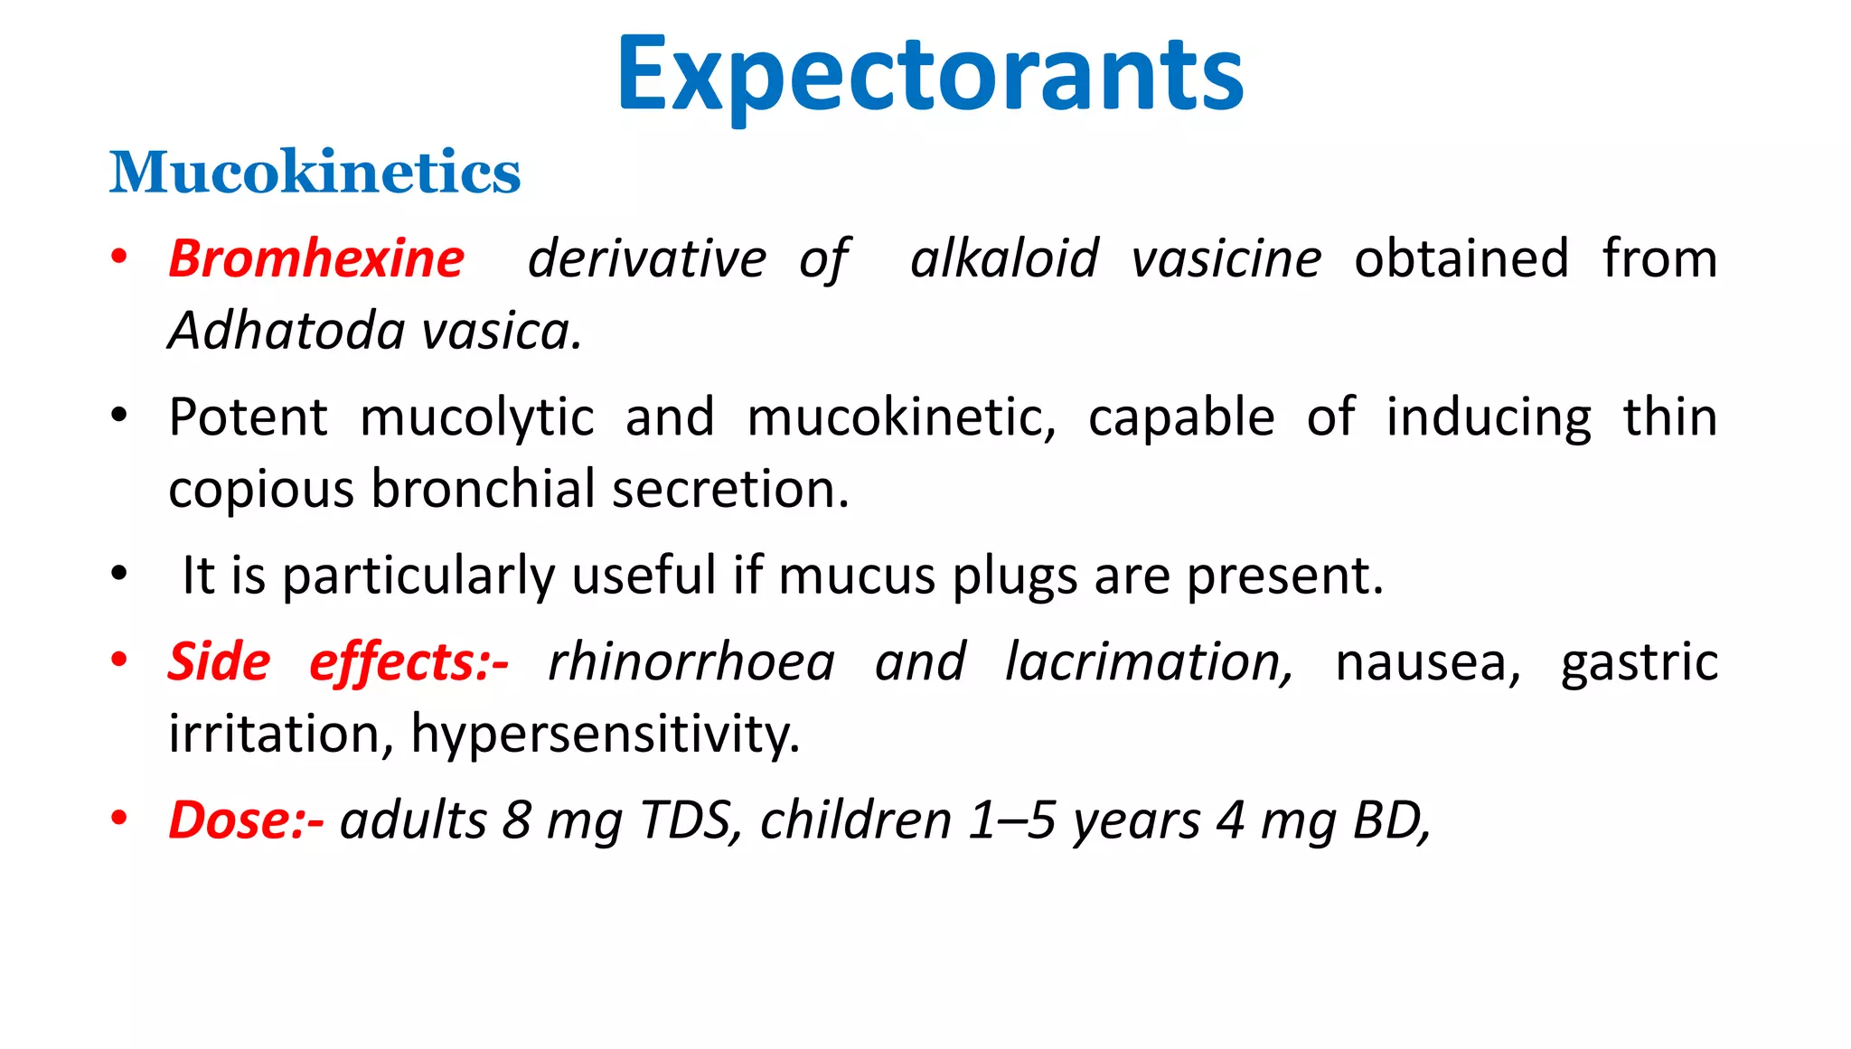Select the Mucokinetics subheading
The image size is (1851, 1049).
tap(315, 172)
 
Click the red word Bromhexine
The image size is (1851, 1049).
tap(316, 259)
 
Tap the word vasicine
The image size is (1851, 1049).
tap(1226, 259)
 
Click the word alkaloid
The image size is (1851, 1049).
tap(1004, 259)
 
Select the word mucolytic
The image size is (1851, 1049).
tap(477, 417)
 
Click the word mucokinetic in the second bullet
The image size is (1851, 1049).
tap(900, 417)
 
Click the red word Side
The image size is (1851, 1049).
tap(219, 661)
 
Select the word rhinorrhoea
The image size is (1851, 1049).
tap(691, 661)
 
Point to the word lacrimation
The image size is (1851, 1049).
tap(1149, 661)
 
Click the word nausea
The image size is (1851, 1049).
tap(1428, 661)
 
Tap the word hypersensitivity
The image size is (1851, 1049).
tap(605, 733)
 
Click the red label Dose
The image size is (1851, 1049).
tap(237, 820)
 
